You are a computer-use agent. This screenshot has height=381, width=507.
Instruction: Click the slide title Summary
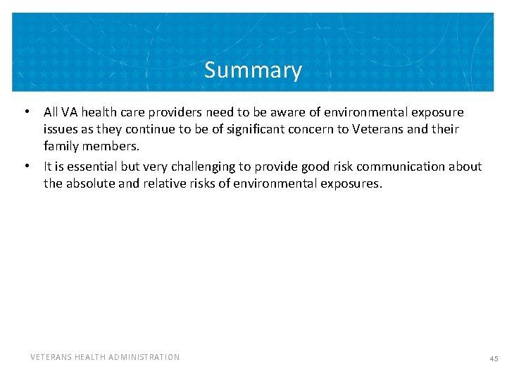click(x=253, y=71)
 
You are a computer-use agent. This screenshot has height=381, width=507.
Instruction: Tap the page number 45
click(x=494, y=358)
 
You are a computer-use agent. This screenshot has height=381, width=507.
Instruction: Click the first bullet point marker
click(x=26, y=112)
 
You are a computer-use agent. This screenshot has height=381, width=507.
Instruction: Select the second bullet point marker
click(x=26, y=167)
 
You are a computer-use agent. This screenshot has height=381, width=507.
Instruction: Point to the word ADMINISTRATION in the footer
click(x=145, y=357)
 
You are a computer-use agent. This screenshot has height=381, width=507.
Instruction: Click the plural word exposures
click(x=348, y=184)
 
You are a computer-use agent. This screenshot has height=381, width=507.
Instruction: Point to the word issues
click(x=60, y=130)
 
